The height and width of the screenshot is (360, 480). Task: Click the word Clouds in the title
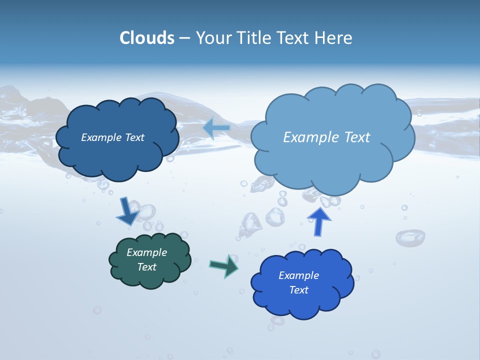tap(146, 38)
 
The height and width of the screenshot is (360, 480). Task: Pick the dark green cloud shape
tap(150, 277)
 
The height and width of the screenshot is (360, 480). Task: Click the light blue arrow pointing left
tap(216, 128)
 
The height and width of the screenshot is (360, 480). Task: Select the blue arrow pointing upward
tap(318, 221)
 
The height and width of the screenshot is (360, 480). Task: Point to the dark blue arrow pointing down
tap(127, 211)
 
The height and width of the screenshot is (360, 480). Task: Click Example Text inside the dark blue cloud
tap(112, 137)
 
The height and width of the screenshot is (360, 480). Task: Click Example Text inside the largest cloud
tap(326, 137)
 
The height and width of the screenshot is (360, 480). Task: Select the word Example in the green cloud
tap(146, 252)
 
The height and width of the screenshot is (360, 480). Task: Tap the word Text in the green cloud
tap(146, 267)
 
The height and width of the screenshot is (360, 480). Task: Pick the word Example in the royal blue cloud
tap(298, 275)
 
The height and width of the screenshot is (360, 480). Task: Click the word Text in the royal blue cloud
tap(298, 290)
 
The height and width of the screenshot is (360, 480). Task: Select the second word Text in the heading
tap(295, 38)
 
